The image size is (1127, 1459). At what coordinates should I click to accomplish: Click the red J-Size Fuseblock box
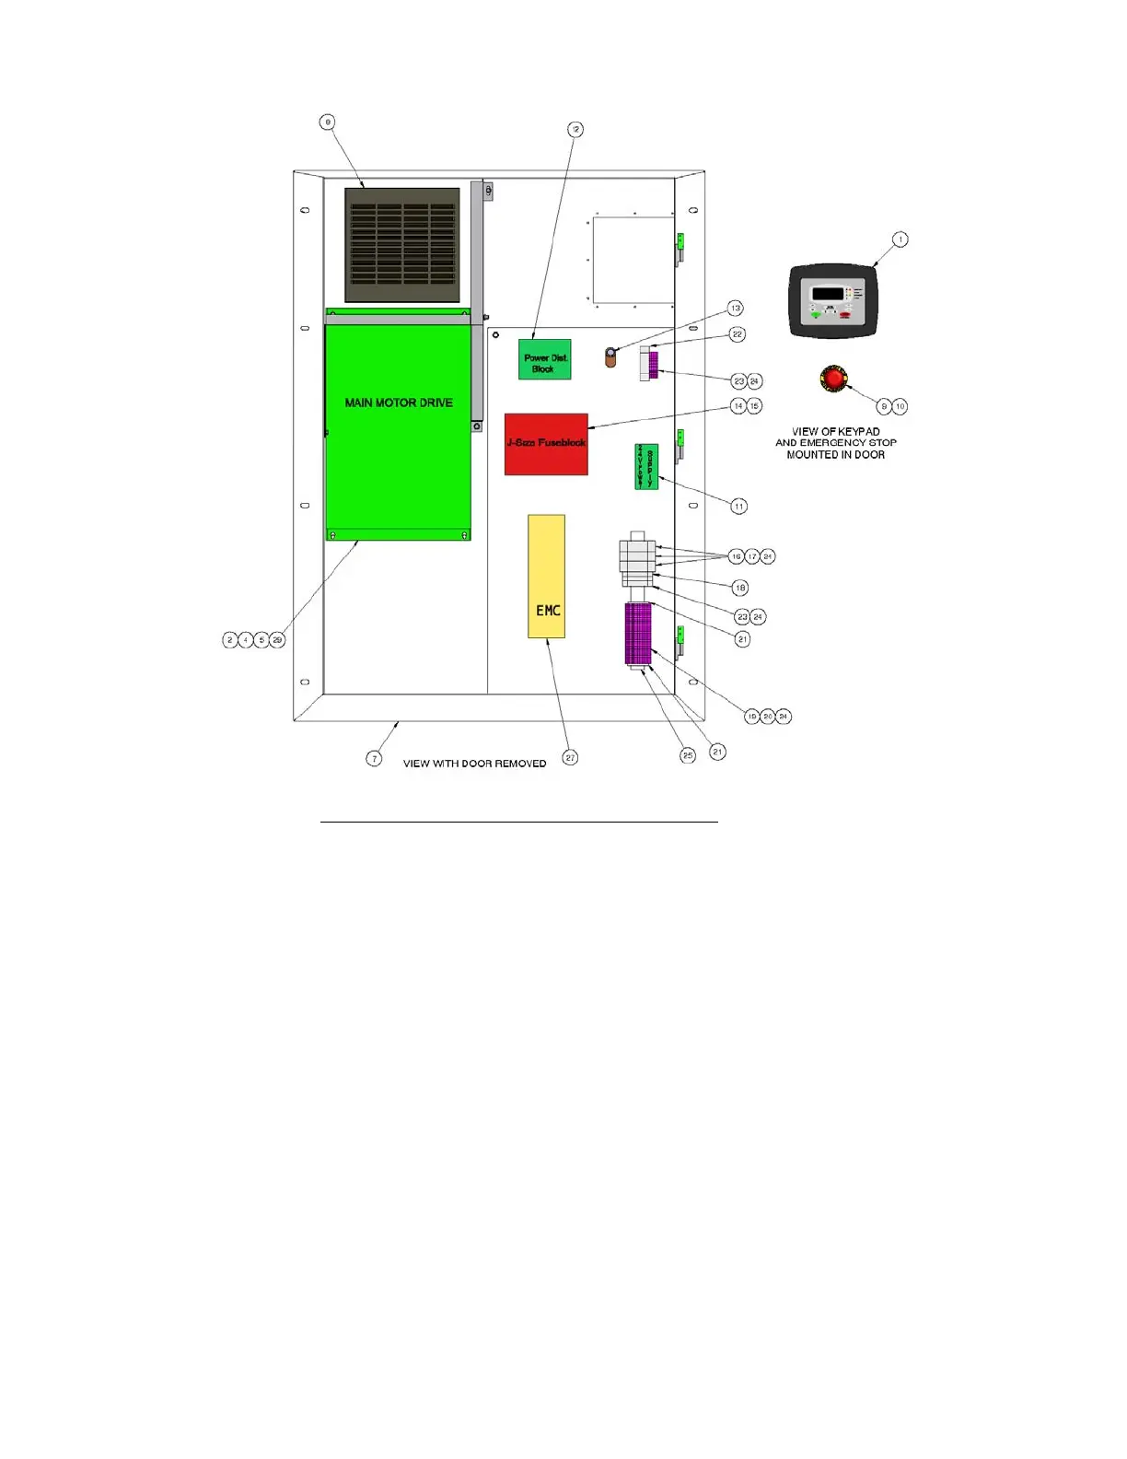[x=546, y=444]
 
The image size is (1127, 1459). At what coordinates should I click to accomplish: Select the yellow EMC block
[x=546, y=577]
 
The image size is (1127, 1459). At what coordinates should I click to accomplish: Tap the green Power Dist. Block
[x=544, y=359]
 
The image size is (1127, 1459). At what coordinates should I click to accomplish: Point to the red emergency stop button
[x=833, y=379]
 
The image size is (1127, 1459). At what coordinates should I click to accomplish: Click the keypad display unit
[x=832, y=301]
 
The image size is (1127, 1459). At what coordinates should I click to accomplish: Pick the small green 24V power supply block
[x=646, y=467]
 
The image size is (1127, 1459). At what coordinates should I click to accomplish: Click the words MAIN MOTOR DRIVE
[x=399, y=403]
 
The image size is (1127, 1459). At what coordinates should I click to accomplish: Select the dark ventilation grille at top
[x=402, y=245]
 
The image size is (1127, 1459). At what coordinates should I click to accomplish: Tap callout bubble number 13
[x=735, y=308]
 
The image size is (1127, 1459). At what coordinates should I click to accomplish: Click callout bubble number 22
[x=738, y=334]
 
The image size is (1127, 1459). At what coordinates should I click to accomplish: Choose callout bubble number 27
[x=571, y=757]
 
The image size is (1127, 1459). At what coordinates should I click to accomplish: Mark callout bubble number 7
[x=374, y=758]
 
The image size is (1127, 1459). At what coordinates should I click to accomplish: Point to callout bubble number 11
[x=738, y=506]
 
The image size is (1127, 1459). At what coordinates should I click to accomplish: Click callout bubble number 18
[x=739, y=588]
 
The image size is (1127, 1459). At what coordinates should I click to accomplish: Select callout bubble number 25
[x=688, y=755]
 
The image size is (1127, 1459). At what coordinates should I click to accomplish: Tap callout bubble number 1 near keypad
[x=900, y=239]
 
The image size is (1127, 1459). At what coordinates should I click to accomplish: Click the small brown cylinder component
[x=610, y=357]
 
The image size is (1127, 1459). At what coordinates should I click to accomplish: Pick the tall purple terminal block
[x=638, y=634]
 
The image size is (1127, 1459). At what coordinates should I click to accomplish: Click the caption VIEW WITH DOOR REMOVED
[x=474, y=764]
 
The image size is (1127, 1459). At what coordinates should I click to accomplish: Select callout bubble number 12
[x=575, y=130]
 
